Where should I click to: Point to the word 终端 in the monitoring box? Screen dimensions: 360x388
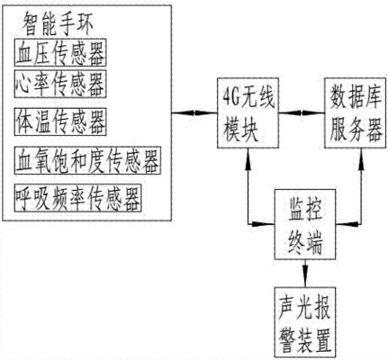coord(302,238)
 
